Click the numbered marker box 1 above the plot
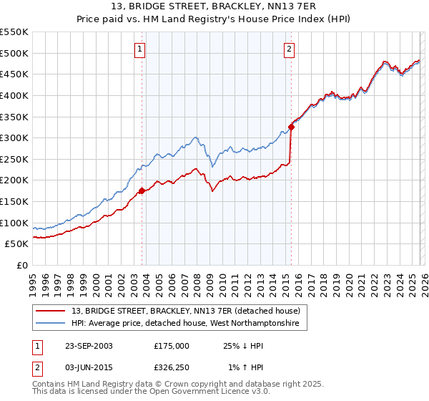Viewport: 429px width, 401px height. tap(139, 49)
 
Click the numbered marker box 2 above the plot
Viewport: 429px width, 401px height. tap(289, 49)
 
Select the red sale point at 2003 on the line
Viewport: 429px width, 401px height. tap(142, 190)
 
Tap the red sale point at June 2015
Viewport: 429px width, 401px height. tap(291, 127)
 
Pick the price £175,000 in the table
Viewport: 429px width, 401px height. tap(171, 346)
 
